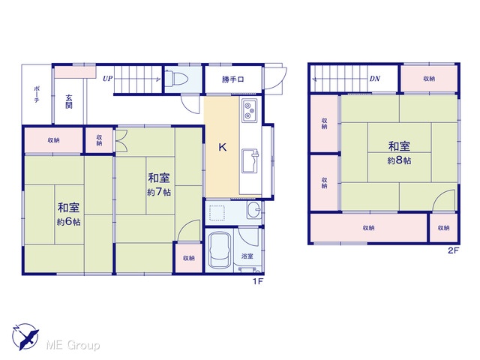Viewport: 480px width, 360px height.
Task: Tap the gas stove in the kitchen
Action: tap(249, 110)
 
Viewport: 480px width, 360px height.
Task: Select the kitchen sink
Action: tap(250, 161)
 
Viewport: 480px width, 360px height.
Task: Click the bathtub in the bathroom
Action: tap(219, 250)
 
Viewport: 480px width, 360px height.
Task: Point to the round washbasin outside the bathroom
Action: tap(254, 210)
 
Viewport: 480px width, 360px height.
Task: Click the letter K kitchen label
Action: tap(223, 147)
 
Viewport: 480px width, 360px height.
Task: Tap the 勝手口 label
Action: tap(232, 79)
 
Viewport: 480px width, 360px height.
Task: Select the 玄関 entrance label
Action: tap(69, 102)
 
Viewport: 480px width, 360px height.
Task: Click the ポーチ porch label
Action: tap(37, 94)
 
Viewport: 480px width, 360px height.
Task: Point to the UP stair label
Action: tap(107, 79)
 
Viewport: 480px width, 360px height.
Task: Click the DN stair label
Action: tap(375, 79)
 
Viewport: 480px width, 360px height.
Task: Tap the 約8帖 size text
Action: tap(399, 160)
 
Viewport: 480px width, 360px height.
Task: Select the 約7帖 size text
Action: tap(159, 192)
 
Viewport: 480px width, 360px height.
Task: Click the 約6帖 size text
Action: tap(68, 221)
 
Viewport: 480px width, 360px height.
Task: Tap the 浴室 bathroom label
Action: tap(247, 256)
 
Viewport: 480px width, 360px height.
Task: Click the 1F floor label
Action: tap(258, 281)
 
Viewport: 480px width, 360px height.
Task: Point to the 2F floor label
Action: tap(454, 250)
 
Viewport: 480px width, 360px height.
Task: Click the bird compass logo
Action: tap(25, 337)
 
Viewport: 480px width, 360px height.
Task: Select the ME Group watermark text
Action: tap(73, 345)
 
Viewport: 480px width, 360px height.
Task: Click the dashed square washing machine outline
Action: tap(217, 213)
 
